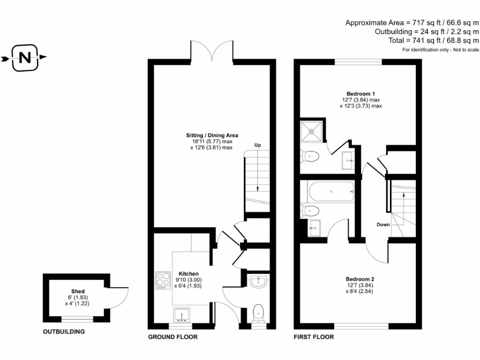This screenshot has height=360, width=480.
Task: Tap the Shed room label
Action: pos(78,291)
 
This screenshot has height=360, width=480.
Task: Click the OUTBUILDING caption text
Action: pos(64,332)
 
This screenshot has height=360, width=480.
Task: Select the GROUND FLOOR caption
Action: pos(172,337)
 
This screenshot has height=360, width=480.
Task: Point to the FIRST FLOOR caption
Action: pos(314,337)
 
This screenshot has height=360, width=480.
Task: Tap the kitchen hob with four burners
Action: pos(163,280)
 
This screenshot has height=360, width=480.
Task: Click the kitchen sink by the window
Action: pos(182,314)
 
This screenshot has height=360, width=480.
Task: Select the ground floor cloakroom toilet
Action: pos(258,313)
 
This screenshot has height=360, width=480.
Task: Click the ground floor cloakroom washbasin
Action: pos(258,281)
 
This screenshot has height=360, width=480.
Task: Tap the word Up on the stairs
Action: pos(257,145)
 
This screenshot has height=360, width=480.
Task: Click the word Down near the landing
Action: pos(383,225)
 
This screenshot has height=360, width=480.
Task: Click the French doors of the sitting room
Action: pos(214,51)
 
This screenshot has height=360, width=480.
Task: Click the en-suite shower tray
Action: pos(311,131)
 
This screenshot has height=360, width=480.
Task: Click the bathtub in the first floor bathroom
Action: pos(331,191)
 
